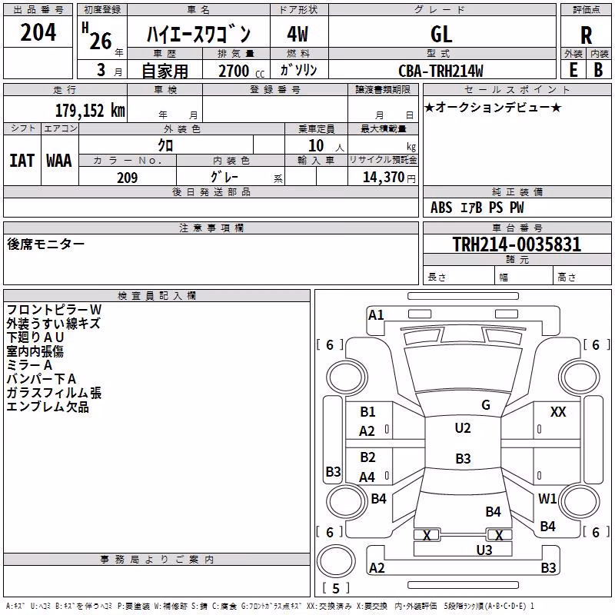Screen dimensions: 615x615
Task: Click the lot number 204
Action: pos(38,32)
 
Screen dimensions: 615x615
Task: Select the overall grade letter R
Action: pos(586,35)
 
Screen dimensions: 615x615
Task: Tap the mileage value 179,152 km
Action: pos(90,110)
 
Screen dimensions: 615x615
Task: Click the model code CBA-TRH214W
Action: pos(440,71)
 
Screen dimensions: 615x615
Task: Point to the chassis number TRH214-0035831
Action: pos(517,244)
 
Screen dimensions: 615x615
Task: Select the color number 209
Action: pos(127,178)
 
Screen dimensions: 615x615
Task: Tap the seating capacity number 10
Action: pos(316,145)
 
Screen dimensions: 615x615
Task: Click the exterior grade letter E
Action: pos(573,70)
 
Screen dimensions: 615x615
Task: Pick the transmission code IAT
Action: pos(22,161)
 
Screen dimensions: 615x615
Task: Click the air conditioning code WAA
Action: pos(59,161)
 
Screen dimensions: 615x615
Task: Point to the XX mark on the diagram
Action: pos(558,412)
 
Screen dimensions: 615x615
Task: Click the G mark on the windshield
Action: pos(486,405)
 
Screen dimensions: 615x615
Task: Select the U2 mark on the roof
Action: pos(463,428)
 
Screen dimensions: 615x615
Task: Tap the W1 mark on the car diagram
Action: pos(547,499)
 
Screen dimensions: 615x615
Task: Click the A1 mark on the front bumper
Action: pos(376,315)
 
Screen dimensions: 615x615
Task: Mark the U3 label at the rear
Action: pos(484,550)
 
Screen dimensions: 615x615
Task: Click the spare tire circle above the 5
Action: pos(336,561)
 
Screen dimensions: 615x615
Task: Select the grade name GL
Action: pos(441,35)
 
